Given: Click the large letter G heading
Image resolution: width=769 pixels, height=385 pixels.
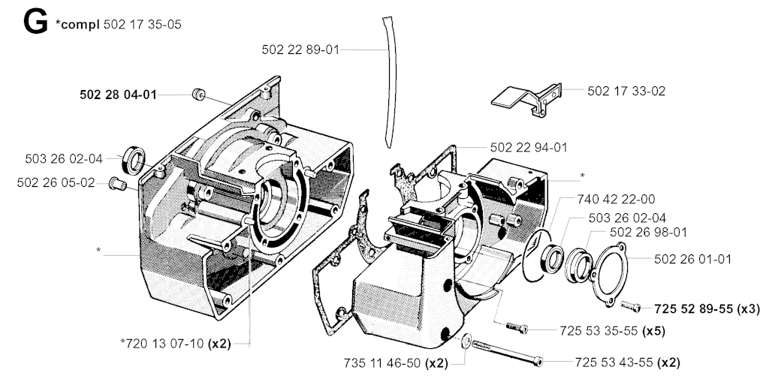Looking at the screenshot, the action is (35, 23).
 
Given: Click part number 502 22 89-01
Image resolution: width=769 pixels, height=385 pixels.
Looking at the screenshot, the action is (300, 50).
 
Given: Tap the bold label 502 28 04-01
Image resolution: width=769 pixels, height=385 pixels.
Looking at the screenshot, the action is (118, 95).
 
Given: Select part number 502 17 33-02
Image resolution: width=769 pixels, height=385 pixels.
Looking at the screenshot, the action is (626, 91).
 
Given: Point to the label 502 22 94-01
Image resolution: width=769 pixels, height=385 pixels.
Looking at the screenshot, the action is (529, 147).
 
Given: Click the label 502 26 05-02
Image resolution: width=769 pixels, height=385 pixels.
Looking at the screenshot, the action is (56, 182).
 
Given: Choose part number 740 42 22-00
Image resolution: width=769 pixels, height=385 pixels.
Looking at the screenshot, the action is (616, 199).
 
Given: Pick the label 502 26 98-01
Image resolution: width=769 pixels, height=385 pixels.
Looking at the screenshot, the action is (648, 232).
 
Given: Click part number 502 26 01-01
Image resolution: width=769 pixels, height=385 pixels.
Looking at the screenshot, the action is (692, 259).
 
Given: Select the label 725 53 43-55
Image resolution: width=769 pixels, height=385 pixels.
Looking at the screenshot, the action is (614, 362).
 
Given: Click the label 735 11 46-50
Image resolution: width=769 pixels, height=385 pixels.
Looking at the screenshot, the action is (382, 363).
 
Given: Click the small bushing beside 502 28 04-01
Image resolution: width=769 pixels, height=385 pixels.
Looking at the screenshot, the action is (198, 94).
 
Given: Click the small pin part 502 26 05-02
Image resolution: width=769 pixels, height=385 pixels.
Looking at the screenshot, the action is (118, 184).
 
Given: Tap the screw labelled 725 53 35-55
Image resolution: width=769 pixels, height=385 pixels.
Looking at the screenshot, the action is (517, 327).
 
